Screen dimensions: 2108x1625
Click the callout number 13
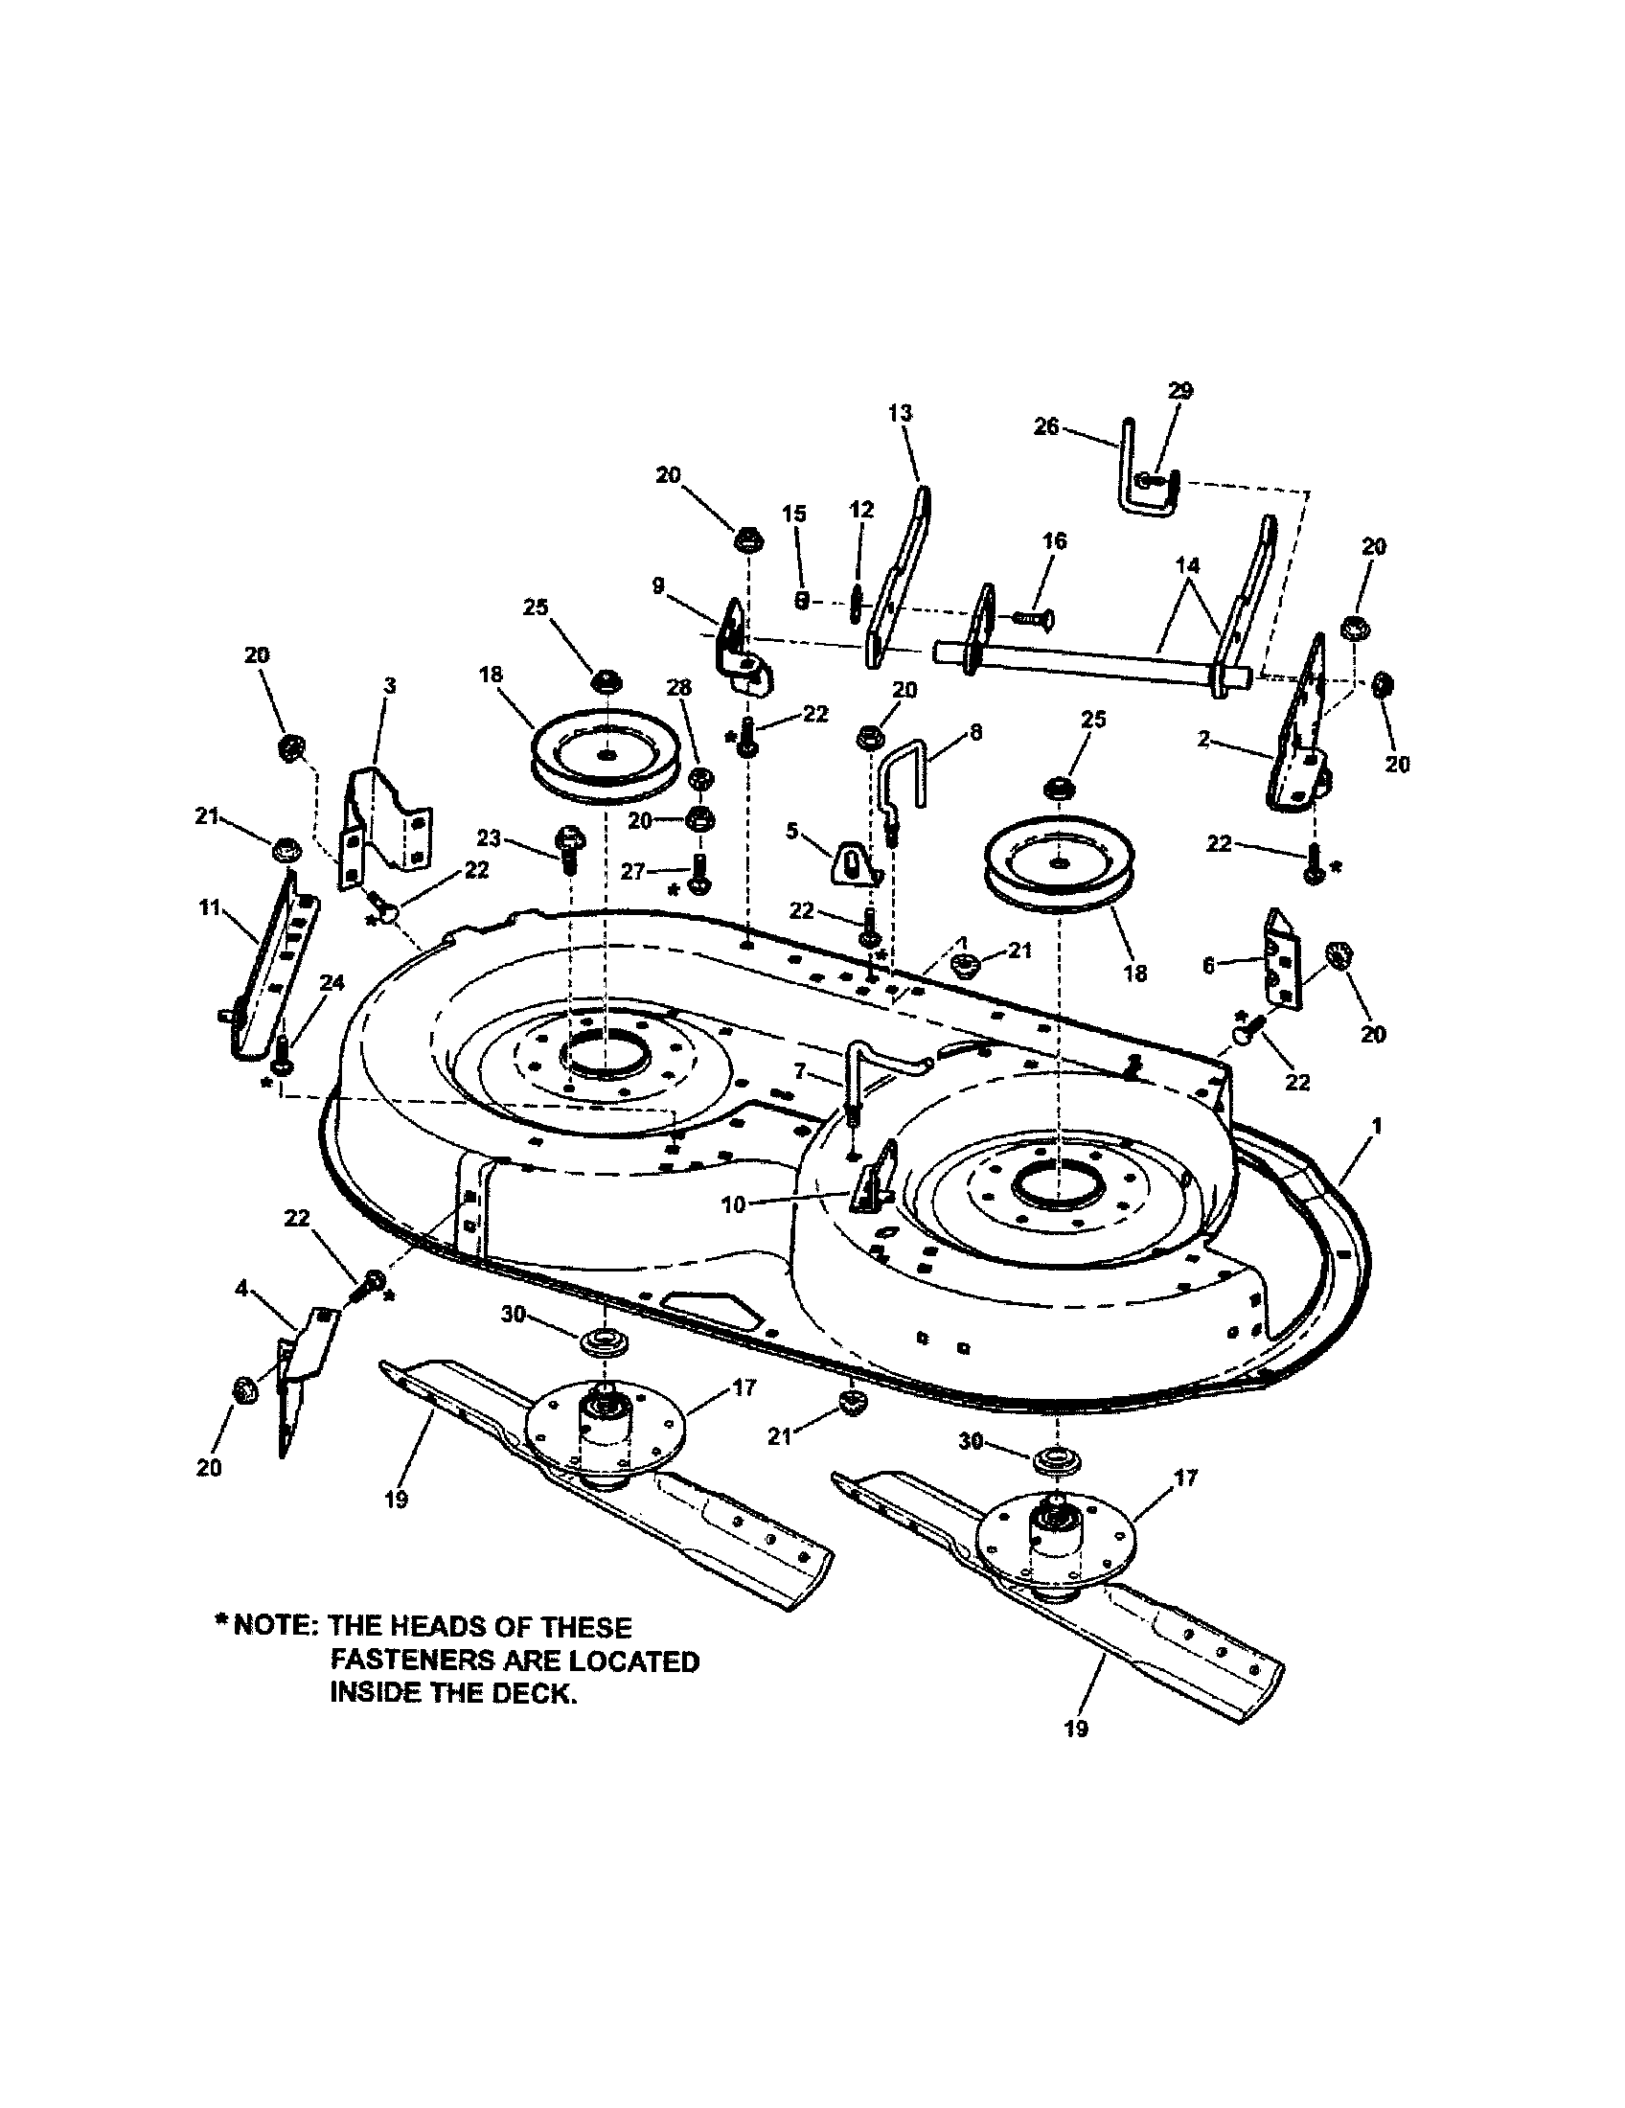point(900,413)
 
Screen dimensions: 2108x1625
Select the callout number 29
point(1180,390)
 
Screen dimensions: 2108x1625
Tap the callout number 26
point(1047,425)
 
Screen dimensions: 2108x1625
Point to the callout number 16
point(1055,540)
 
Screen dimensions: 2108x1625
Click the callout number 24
point(332,982)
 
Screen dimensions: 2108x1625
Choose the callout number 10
point(733,1204)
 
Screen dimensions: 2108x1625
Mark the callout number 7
point(799,1071)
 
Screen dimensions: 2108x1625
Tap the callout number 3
point(389,685)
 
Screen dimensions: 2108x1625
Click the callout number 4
point(241,1287)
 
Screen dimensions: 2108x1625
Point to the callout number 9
point(658,584)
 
